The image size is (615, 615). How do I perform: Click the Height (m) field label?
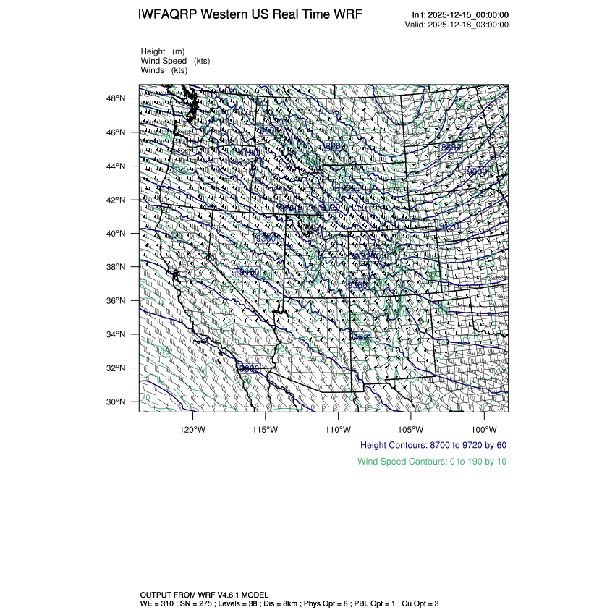[163, 51]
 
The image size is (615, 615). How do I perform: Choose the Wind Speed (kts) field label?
[175, 61]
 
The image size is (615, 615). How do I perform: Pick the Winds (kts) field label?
[164, 70]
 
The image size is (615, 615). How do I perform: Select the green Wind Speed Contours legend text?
[432, 461]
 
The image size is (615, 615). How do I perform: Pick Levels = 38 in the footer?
[250, 603]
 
